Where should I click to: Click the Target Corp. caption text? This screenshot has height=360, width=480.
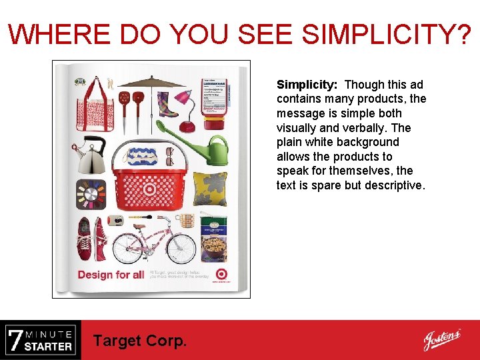140,341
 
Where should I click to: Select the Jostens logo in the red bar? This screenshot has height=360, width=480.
441,340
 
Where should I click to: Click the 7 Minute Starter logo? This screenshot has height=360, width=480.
40,340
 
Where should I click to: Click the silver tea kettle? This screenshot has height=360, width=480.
89,155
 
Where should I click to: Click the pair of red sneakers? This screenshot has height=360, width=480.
93,239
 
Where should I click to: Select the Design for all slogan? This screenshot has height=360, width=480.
111,275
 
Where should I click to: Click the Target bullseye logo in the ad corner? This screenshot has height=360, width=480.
221,273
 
